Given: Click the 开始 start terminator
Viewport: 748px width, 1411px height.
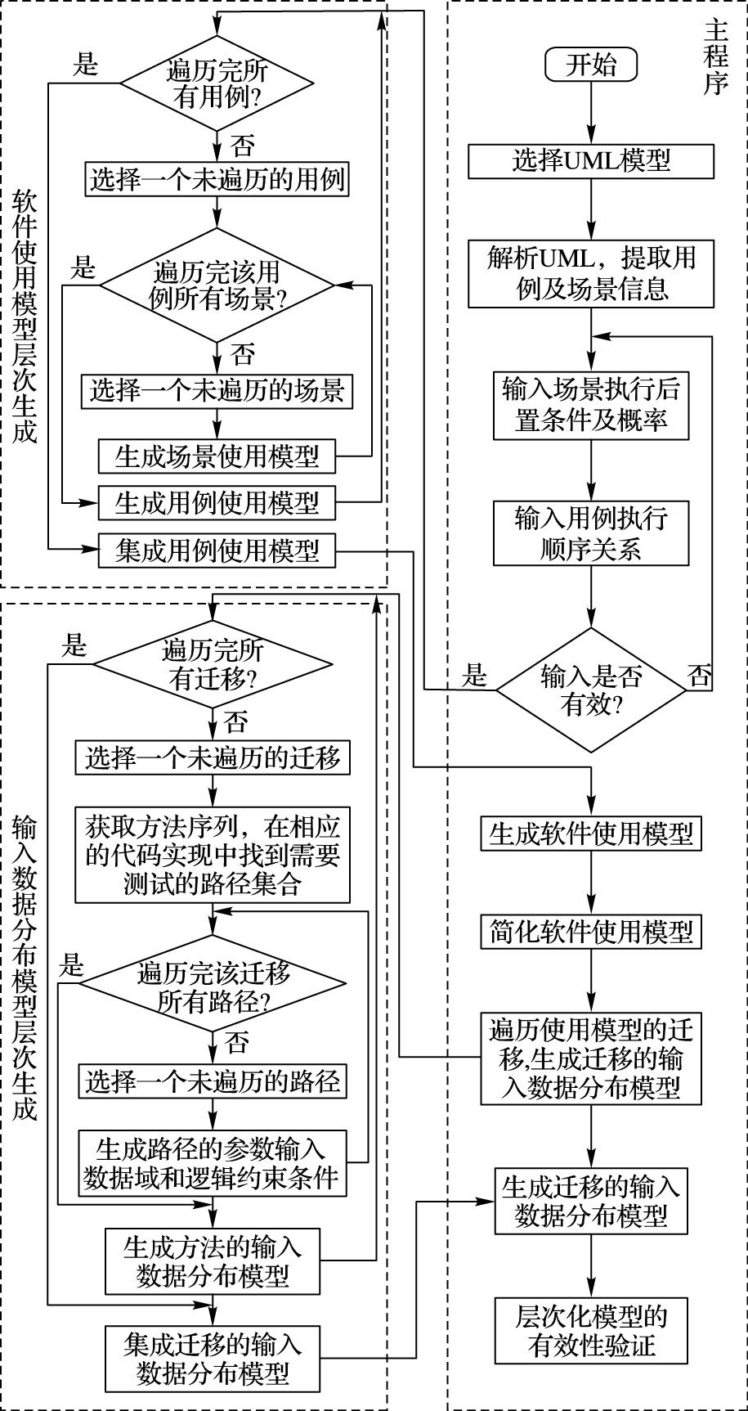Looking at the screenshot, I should (x=591, y=65).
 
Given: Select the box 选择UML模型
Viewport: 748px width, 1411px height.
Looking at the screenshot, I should (x=591, y=161).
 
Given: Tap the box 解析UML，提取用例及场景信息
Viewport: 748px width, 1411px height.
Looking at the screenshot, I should (x=591, y=274).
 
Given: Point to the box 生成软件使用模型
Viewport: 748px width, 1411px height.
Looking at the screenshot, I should (x=591, y=834).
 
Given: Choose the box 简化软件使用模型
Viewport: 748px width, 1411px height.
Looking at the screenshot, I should (x=591, y=931).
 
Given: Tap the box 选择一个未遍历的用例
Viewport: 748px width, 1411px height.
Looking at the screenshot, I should (x=217, y=178).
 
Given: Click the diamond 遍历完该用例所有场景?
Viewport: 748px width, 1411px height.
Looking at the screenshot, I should (x=217, y=285).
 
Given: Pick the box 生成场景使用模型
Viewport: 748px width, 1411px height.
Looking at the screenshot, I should (x=217, y=456).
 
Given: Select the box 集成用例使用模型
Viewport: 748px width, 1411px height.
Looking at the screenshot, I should (x=217, y=550).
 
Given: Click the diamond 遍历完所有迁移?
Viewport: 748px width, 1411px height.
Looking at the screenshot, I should (x=213, y=665).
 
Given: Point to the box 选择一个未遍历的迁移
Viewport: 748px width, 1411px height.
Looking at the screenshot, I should (x=213, y=758).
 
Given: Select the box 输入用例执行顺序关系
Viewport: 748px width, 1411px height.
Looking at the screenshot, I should (x=591, y=532).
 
